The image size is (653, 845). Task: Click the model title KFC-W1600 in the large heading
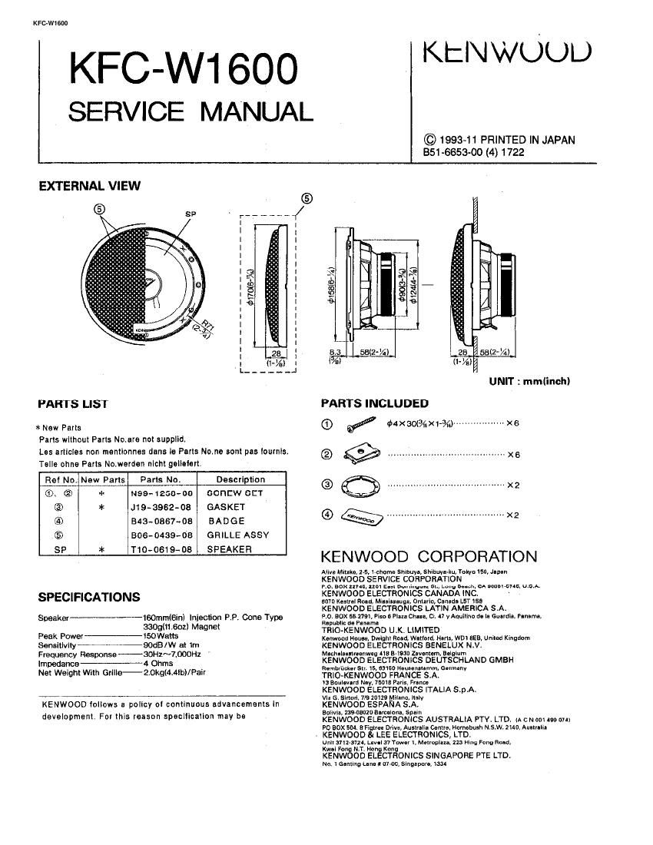182,71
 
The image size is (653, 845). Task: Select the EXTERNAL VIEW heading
89,185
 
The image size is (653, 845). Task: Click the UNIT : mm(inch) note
529,381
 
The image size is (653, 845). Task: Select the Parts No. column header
161,479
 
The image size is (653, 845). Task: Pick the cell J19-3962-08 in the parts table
162,507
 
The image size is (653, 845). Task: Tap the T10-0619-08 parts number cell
162,550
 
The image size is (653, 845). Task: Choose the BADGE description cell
226,521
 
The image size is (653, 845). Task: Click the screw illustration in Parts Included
360,424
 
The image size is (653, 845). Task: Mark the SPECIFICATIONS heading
89,597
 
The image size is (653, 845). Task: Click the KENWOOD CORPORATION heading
428,557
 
